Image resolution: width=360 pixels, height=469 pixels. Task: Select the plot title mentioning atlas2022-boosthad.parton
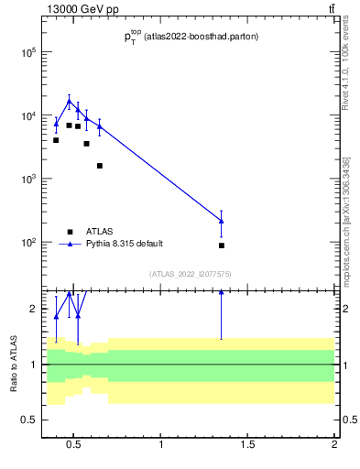[x=191, y=37]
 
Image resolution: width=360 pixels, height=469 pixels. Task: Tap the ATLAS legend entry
[x=101, y=232]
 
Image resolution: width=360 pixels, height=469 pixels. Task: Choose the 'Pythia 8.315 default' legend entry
[x=125, y=244]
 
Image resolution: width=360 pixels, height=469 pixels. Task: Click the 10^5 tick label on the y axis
[x=27, y=52]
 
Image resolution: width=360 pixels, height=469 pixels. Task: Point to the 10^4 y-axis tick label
[x=27, y=116]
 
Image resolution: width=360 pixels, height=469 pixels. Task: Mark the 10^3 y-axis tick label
[x=27, y=180]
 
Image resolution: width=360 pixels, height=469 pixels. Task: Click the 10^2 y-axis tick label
[x=27, y=243]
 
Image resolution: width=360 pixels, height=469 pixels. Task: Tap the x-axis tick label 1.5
[x=247, y=446]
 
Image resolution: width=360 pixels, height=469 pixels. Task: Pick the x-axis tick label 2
[x=334, y=446]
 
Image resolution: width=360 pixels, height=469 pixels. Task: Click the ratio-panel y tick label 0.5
[x=27, y=420]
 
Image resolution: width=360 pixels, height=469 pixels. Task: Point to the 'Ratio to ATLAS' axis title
[x=14, y=365]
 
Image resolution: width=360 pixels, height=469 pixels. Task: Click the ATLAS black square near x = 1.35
[x=222, y=245]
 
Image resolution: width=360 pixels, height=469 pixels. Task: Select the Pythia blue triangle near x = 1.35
[x=222, y=221]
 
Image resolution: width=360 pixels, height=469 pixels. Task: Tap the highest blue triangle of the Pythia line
[x=69, y=101]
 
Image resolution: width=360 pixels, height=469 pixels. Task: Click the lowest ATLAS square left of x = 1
[x=99, y=166]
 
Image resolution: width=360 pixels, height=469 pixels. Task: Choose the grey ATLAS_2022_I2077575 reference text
[x=191, y=274]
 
